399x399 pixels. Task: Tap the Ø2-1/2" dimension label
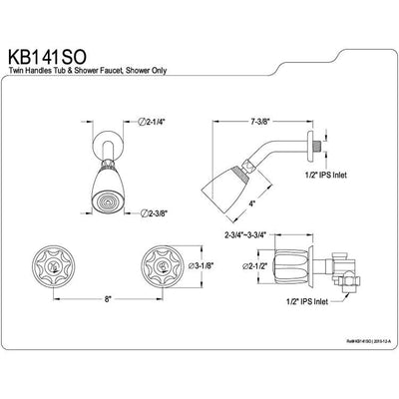pos(261,267)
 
